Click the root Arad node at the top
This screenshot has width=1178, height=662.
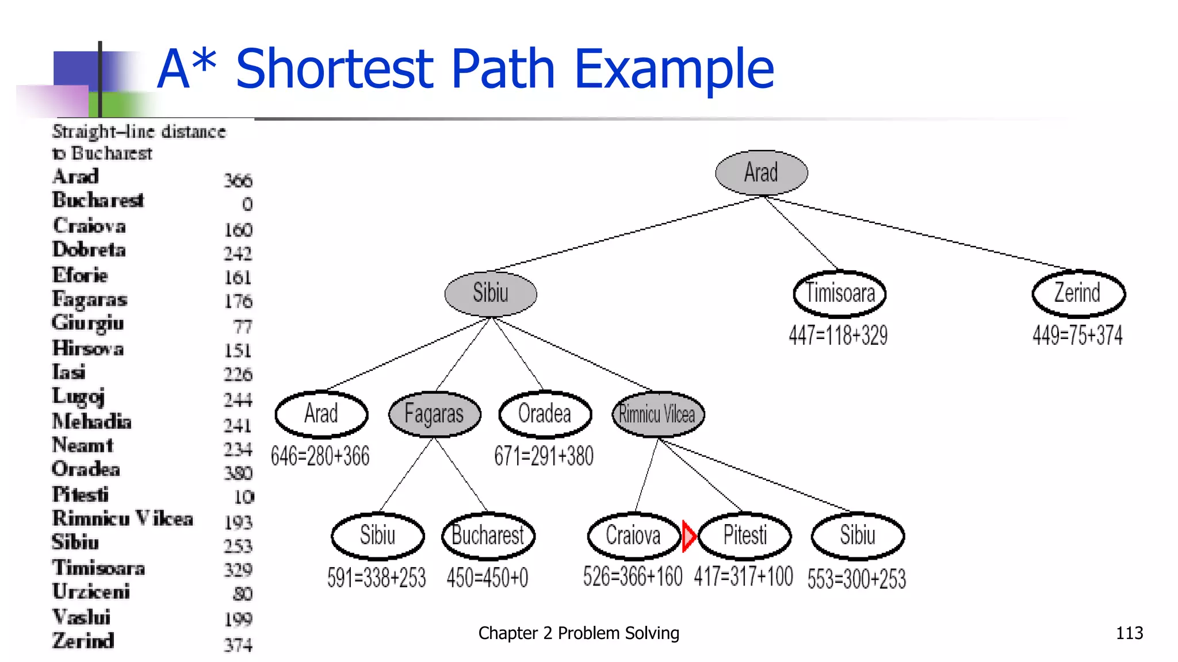761,172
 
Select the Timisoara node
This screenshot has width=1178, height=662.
839,294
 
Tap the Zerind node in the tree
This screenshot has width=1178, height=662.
1078,294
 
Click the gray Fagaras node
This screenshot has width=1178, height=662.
434,414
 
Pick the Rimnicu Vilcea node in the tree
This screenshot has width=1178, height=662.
657,414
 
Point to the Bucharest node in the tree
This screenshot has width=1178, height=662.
488,536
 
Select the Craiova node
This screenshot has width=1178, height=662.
633,536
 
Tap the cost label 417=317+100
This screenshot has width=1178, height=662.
743,577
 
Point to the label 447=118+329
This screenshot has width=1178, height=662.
838,336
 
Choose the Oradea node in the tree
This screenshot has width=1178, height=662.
545,414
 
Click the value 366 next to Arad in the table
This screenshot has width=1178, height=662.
238,180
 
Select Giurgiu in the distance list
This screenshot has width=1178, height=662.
87,323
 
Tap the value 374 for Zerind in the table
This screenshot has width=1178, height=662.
238,645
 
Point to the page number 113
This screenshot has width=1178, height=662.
1129,633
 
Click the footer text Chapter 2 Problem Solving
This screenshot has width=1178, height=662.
579,633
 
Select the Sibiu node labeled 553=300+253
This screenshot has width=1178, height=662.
857,536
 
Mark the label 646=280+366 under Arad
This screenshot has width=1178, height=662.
320,456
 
